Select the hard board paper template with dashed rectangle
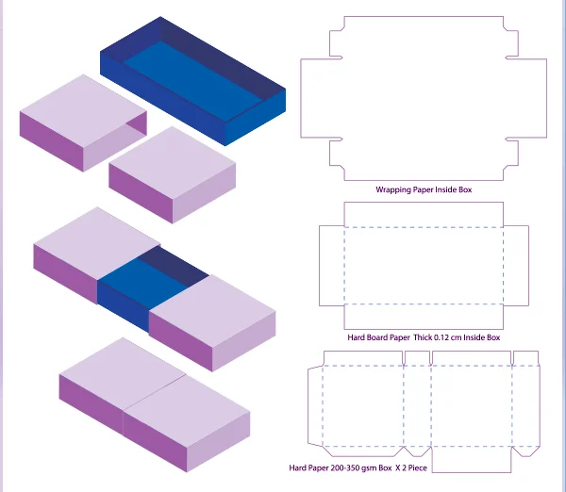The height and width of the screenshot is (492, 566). coord(424,266)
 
